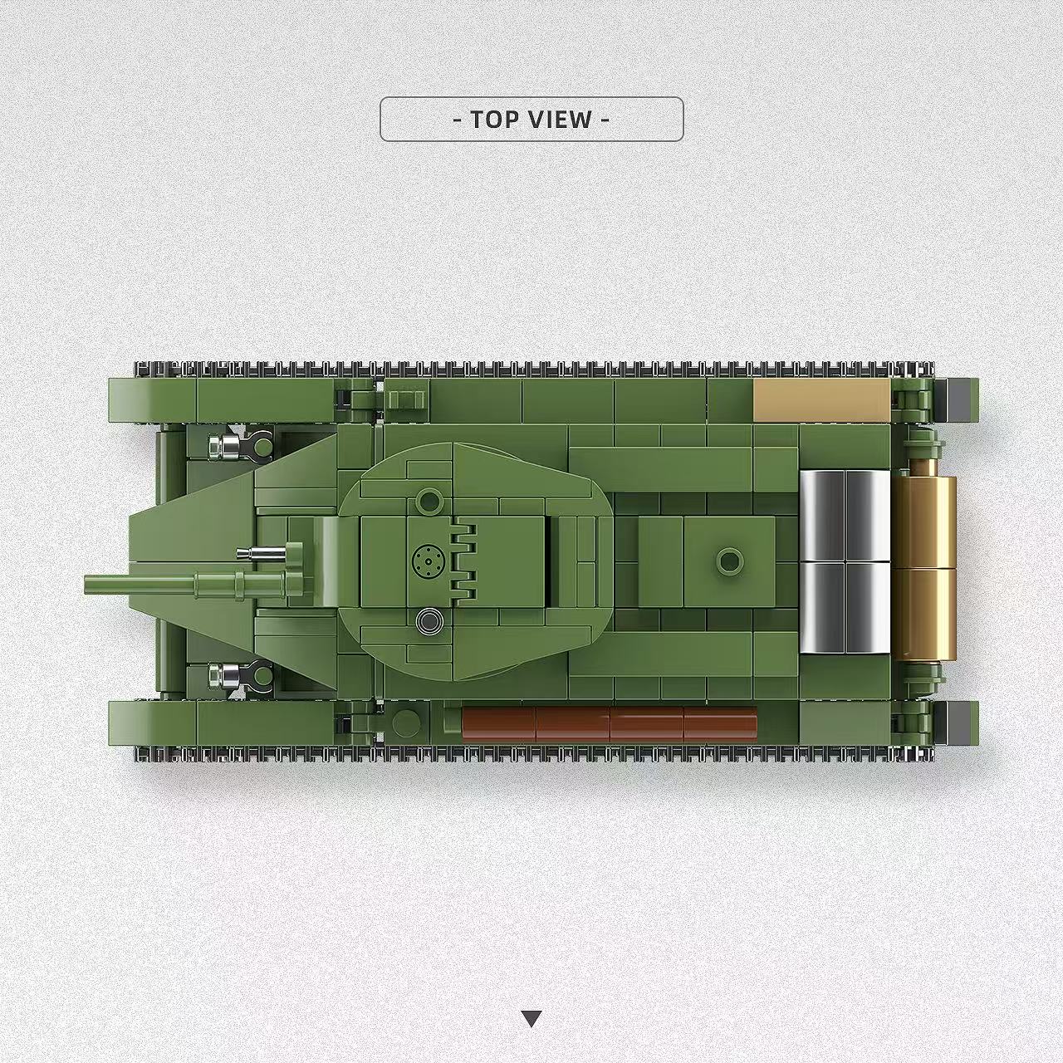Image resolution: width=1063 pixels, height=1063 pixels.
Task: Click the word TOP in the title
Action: [x=495, y=120]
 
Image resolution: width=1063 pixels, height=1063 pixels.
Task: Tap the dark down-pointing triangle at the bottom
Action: [x=532, y=1018]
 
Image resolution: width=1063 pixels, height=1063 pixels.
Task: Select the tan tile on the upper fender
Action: [x=821, y=402]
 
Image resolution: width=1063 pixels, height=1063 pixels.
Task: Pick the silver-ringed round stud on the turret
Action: [x=429, y=620]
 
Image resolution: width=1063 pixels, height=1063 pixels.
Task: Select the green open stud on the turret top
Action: [x=429, y=501]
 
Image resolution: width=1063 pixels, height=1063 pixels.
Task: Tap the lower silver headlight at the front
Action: [x=223, y=675]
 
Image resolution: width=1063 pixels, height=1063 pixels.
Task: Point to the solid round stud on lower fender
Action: [x=406, y=723]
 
